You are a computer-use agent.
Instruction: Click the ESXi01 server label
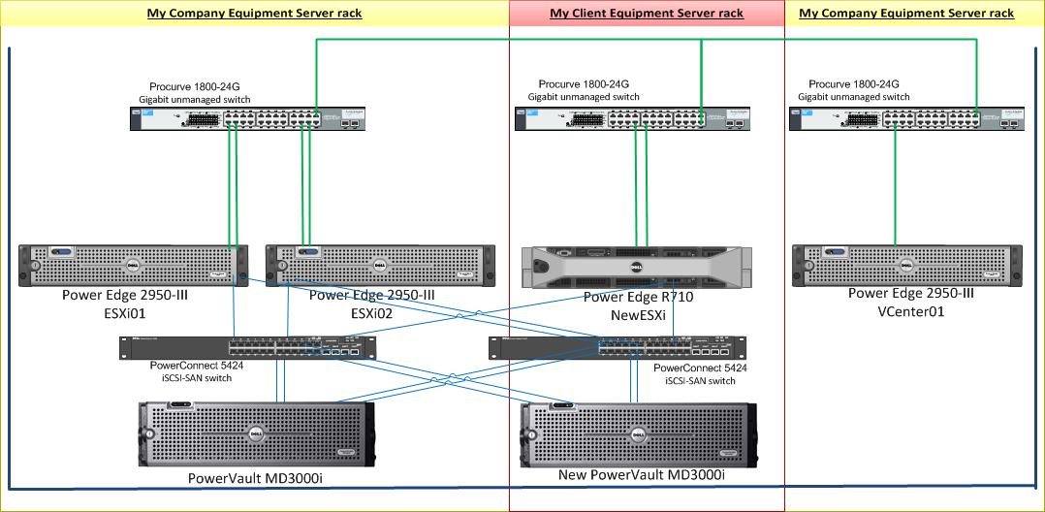coord(123,313)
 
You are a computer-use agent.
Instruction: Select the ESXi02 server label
coord(372,313)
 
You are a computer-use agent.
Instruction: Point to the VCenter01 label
coord(910,312)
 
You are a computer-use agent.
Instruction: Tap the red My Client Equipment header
coord(647,14)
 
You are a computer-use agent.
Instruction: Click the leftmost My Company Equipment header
coord(254,14)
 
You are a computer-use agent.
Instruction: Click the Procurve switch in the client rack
coord(635,118)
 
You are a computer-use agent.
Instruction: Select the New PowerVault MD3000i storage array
coord(639,432)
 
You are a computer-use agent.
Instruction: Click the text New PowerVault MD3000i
coord(641,475)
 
